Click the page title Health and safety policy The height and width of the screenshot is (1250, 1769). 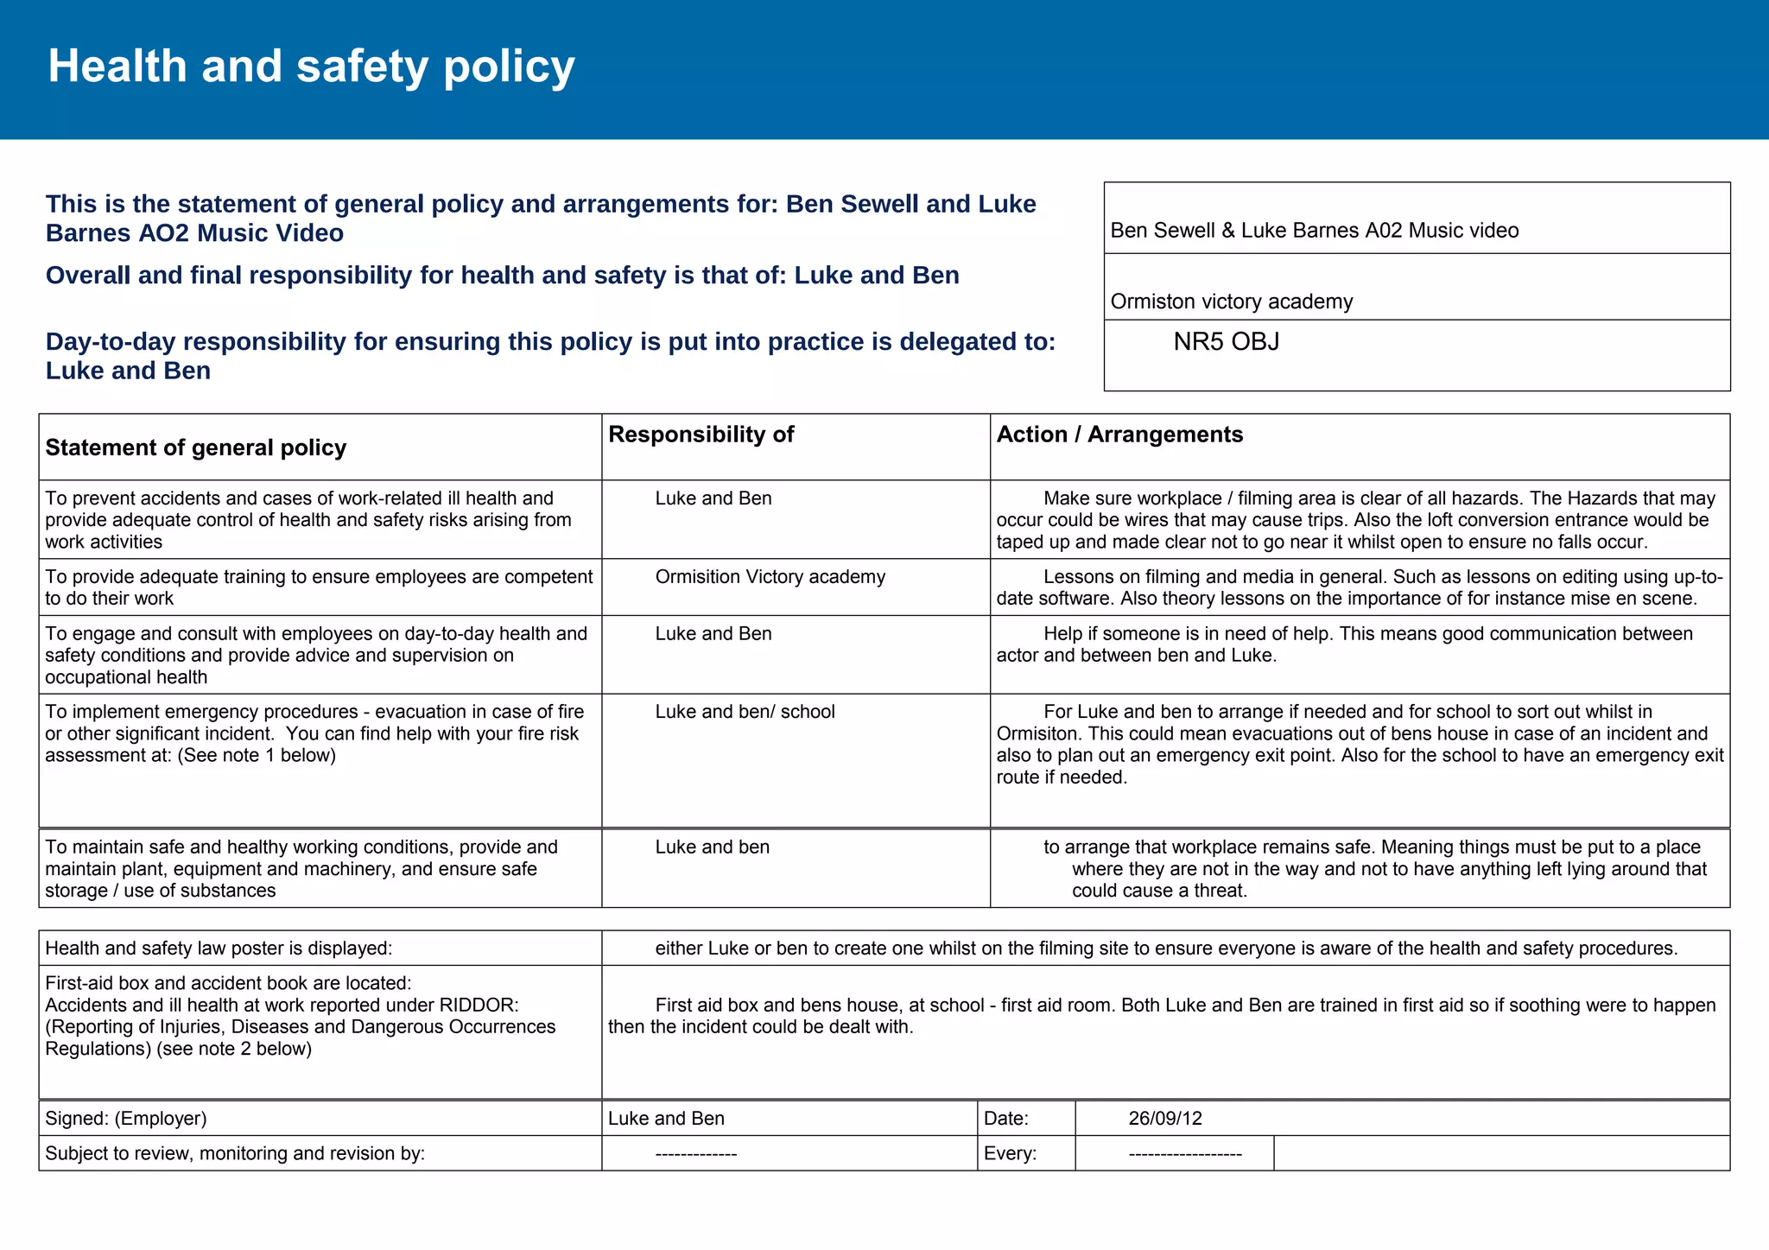pos(311,67)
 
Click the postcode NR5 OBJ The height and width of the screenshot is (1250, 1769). pos(1226,342)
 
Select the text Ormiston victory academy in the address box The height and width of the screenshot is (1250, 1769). pos(1231,301)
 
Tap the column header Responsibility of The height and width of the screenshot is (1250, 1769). pos(701,435)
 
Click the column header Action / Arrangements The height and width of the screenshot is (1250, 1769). pos(1119,435)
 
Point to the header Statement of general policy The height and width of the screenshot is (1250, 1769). pos(196,447)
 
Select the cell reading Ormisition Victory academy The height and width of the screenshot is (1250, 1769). pos(770,577)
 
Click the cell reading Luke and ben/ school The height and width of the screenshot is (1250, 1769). pos(745,712)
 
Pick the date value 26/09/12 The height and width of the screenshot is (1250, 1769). pos(1164,1119)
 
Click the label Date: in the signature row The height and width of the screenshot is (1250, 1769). pos(1005,1119)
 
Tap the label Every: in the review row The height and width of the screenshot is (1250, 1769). pos(1010,1154)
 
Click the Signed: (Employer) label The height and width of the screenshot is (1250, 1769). pos(126,1119)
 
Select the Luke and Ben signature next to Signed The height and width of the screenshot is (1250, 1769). pos(666,1119)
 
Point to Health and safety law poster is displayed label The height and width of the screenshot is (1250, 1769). pos(219,949)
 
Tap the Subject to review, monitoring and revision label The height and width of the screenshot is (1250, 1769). pos(235,1154)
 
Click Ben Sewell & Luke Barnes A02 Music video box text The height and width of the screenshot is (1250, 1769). pos(1314,231)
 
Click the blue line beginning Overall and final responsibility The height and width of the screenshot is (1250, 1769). pos(502,276)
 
